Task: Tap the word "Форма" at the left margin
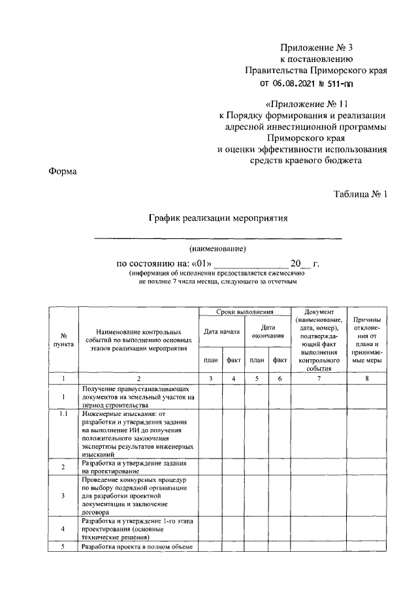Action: pyautogui.click(x=62, y=172)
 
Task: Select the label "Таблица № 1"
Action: pyautogui.click(x=361, y=194)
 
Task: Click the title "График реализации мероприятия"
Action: pyautogui.click(x=217, y=217)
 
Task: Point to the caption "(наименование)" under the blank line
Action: pyautogui.click(x=217, y=249)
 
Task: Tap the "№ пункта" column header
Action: pyautogui.click(x=63, y=340)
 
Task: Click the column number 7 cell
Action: pyautogui.click(x=318, y=379)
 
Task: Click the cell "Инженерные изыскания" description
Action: pyautogui.click(x=138, y=433)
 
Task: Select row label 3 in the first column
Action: pyautogui.click(x=63, y=496)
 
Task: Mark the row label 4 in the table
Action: pyautogui.click(x=63, y=528)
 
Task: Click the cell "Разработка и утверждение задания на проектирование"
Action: pyautogui.click(x=138, y=466)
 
